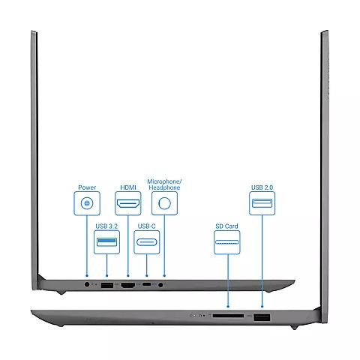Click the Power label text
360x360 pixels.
[x=87, y=187]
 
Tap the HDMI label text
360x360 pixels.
[x=128, y=187]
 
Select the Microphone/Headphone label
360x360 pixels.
[x=164, y=184]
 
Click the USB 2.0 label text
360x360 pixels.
[x=262, y=187]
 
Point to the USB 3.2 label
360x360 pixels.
[x=106, y=226]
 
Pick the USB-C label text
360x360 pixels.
[x=146, y=226]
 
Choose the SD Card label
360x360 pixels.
[x=226, y=226]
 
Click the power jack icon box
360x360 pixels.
[x=87, y=203]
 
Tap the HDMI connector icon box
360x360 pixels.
[x=128, y=203]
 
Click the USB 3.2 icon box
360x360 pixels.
[x=106, y=242]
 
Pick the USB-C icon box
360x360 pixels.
[x=147, y=242]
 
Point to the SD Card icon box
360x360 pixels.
[x=227, y=242]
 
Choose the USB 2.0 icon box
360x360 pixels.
[x=262, y=203]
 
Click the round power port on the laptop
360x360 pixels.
[x=87, y=284]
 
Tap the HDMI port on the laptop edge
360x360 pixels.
[x=128, y=285]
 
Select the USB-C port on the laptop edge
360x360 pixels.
[x=147, y=284]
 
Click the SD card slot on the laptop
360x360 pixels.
[x=228, y=316]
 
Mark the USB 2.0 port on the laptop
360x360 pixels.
[x=262, y=317]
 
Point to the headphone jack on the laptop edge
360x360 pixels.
[x=160, y=284]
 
